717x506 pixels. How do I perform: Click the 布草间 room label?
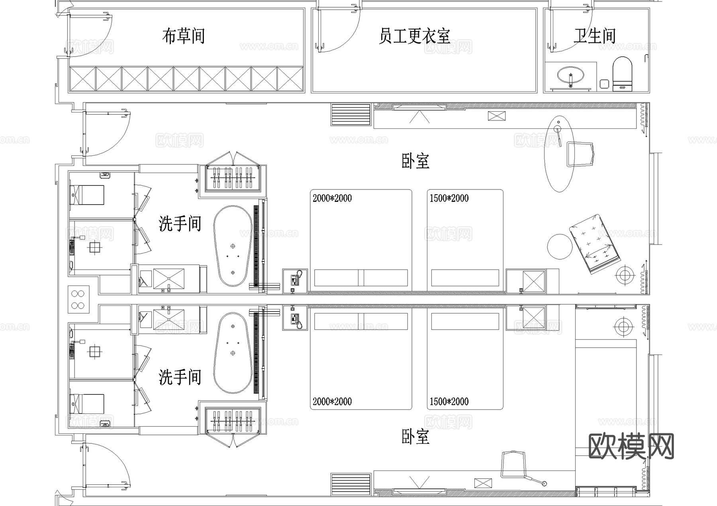[x=183, y=36]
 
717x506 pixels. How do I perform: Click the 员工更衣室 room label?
[x=414, y=36]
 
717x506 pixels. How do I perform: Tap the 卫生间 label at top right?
[x=594, y=36]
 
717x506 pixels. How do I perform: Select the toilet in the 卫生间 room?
[x=622, y=74]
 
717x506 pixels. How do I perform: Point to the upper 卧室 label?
[x=415, y=161]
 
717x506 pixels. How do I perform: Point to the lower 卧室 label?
[x=415, y=437]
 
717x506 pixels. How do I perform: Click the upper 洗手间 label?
[x=180, y=224]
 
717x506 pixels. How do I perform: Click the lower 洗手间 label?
[x=180, y=377]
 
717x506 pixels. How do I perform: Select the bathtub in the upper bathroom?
[x=233, y=246]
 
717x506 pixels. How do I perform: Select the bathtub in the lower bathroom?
[x=233, y=352]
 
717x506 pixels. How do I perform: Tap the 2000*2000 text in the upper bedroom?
[x=332, y=198]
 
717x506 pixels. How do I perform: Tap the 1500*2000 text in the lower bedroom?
[x=449, y=402]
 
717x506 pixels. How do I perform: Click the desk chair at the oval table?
[x=580, y=154]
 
